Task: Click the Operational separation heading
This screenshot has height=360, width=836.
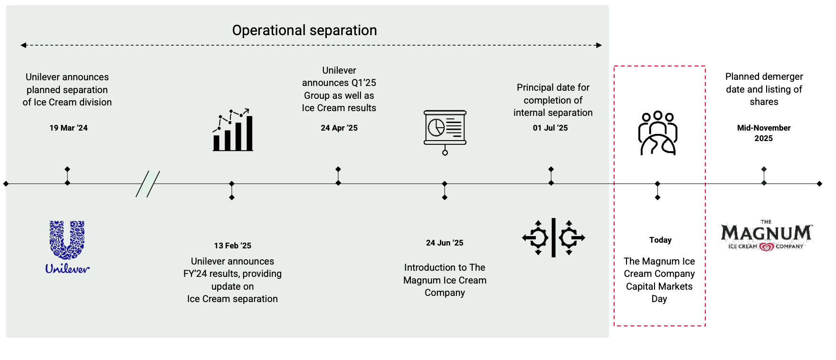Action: (304, 30)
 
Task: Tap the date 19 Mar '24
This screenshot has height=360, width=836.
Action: (68, 128)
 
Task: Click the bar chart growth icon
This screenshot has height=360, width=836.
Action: (233, 130)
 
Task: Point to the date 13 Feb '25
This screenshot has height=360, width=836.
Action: (232, 246)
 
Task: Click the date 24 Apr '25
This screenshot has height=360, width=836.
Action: (339, 128)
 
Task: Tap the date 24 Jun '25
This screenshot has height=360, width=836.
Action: (445, 243)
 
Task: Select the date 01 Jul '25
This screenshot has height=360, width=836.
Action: (551, 128)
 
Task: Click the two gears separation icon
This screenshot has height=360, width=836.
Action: (553, 237)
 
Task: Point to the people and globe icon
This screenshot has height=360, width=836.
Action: (658, 133)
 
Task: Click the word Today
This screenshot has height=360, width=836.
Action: (660, 240)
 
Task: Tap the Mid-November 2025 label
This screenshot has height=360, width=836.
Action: (764, 133)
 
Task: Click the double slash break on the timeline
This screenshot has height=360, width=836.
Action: (148, 184)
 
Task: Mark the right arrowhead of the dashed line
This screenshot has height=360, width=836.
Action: (599, 45)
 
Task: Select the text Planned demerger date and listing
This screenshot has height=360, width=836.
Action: (764, 89)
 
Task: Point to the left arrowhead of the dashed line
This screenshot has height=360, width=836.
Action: (23, 45)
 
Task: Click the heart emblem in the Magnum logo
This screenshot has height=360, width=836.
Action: (766, 246)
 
